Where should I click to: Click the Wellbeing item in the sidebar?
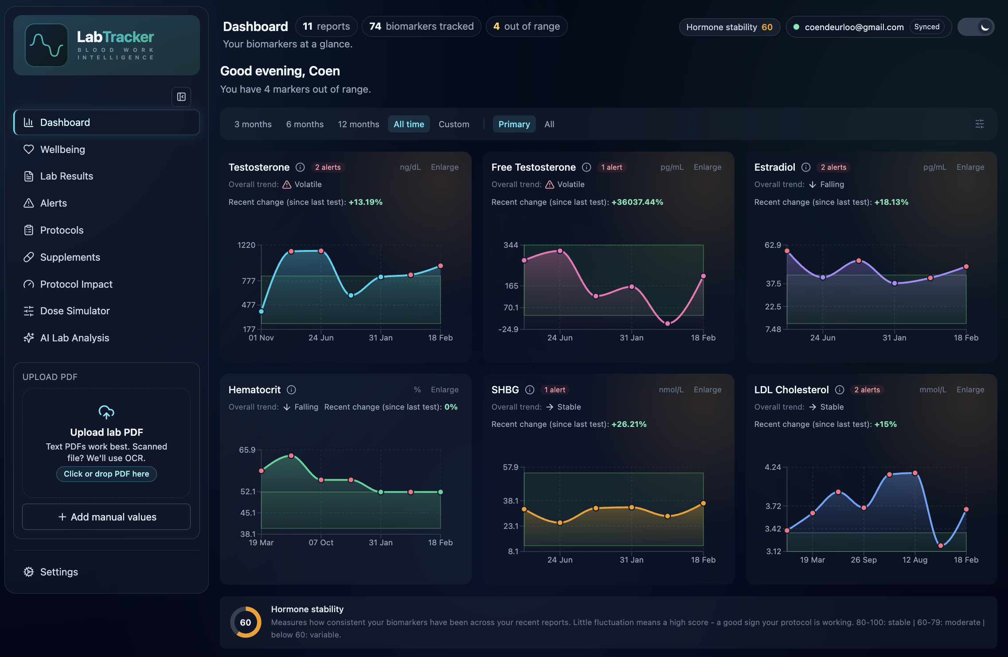pos(63,149)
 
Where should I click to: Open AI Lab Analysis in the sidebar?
pos(74,338)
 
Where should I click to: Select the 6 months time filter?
pos(305,124)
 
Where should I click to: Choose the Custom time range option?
pos(453,124)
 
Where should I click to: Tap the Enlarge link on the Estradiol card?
pos(970,167)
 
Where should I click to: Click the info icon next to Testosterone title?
pos(300,167)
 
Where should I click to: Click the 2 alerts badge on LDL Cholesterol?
pos(867,390)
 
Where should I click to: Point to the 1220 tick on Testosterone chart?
pos(246,245)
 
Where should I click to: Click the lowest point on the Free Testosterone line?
pos(668,324)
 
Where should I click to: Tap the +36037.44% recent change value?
pos(637,202)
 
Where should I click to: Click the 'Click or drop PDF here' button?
pos(106,474)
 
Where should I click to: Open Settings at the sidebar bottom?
pos(59,572)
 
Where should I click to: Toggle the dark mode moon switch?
pos(976,27)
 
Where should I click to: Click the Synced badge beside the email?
pos(926,27)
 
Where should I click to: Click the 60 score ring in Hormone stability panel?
pos(246,622)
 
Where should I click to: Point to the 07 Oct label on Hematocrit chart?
pos(321,543)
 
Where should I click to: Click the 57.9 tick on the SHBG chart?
pos(510,467)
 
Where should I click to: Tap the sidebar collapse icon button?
pos(181,97)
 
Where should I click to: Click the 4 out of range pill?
pos(526,27)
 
